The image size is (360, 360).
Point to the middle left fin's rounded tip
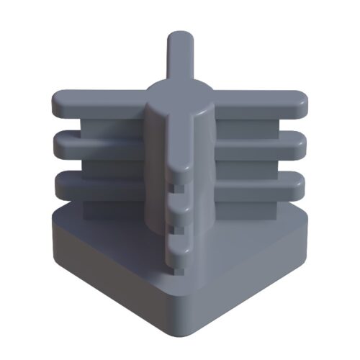(x=60, y=145)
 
